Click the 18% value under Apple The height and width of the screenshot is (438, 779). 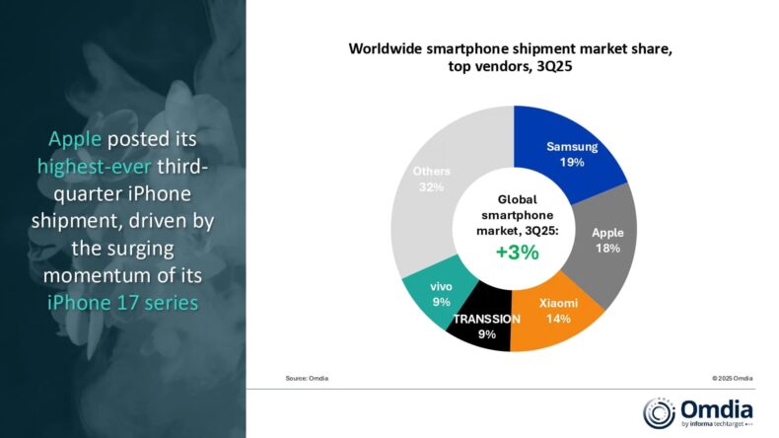point(606,249)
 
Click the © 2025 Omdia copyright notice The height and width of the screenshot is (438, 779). point(732,377)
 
